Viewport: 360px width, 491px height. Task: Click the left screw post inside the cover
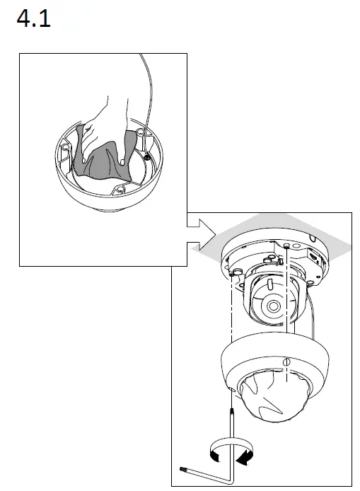click(x=64, y=149)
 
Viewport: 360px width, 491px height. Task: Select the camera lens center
click(x=274, y=306)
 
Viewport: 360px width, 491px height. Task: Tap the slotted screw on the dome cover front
click(x=286, y=362)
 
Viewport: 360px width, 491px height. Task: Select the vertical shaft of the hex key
click(x=232, y=439)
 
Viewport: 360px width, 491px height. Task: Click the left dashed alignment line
click(x=232, y=333)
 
